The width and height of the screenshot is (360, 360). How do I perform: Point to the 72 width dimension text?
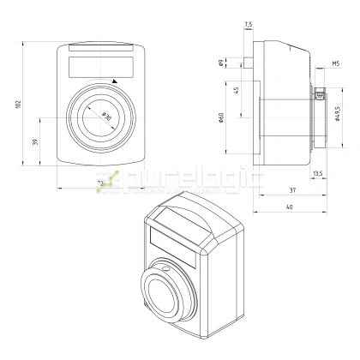99,183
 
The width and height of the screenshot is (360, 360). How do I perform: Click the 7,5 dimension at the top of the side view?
248,25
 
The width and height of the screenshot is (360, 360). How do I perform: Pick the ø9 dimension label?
221,62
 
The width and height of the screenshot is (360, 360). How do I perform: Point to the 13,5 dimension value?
318,174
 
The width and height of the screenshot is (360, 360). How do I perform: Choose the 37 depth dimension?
292,190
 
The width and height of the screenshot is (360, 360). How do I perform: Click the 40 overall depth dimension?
292,207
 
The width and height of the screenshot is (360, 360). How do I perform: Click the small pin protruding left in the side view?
247,62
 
